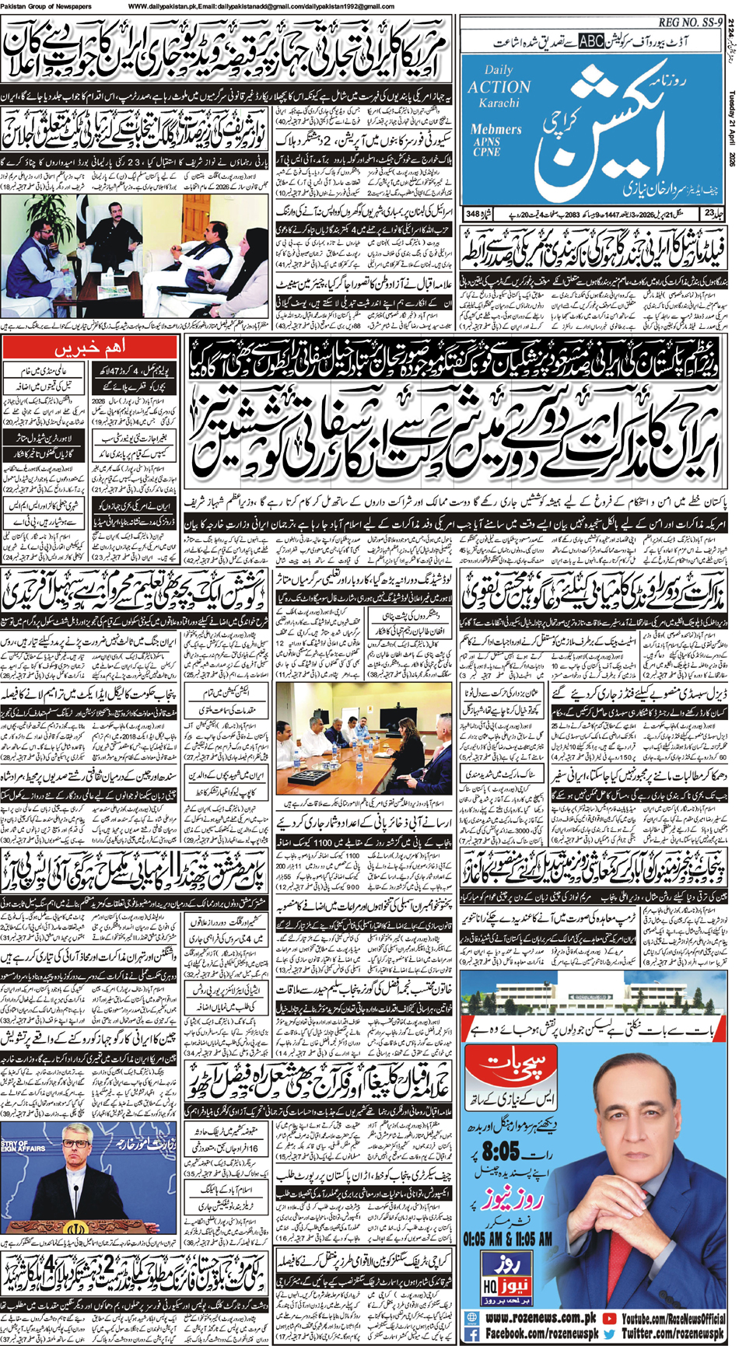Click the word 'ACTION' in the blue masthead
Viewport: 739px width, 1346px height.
click(499, 87)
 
